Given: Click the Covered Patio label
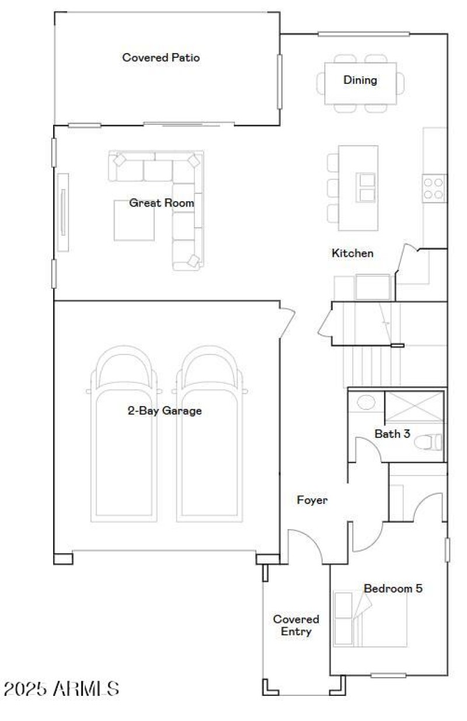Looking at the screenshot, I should pos(161,58).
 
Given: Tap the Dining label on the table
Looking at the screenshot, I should pos(360,80).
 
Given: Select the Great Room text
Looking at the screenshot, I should pos(162,204).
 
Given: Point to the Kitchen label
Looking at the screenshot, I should pos(353,253).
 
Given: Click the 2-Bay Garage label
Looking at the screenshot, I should pos(165,411).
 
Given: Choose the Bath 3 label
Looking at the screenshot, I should pos(388,434).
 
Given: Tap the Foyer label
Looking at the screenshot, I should pos(312,500).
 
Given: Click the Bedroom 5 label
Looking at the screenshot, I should pos(393,589).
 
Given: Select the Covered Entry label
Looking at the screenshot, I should pos(296,625).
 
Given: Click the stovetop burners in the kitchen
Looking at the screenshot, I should pos(434,188).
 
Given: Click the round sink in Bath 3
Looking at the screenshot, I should pos(366,402).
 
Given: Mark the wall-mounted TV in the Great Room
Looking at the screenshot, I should pos(62,212).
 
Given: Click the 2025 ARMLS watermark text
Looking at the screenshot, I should pos(61,689).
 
